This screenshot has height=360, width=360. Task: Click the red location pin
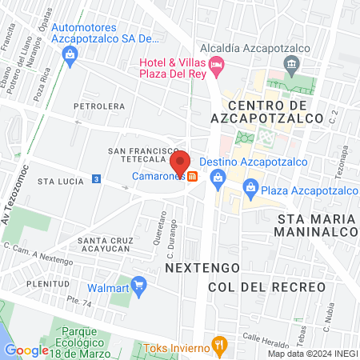click(x=181, y=160)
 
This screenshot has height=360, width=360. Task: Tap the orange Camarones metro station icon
click(x=192, y=177)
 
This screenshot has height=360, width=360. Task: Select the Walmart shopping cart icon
click(x=139, y=284)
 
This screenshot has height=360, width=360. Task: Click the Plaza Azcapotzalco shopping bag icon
click(x=250, y=190)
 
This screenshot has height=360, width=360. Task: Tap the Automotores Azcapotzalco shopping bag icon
click(x=70, y=54)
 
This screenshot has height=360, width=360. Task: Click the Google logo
click(x=26, y=350)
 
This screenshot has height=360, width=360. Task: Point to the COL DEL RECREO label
click(x=266, y=286)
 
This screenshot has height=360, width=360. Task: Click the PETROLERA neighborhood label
click(x=99, y=106)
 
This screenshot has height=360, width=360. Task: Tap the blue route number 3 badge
click(x=96, y=178)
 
